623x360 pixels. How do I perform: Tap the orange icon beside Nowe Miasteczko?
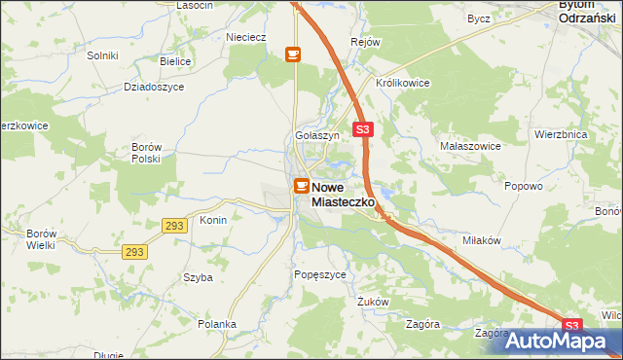[x=302, y=185]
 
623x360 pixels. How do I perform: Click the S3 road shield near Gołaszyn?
[x=362, y=128]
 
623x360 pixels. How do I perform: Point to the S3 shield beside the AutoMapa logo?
[x=571, y=326]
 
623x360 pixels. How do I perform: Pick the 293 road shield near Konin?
[x=175, y=225]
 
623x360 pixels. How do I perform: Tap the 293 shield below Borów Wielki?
[x=135, y=252]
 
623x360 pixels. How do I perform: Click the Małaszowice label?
[x=470, y=146]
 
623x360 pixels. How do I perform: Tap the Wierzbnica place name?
[x=562, y=136]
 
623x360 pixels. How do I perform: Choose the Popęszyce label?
[x=320, y=275]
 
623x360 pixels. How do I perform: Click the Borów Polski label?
[x=145, y=153]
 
